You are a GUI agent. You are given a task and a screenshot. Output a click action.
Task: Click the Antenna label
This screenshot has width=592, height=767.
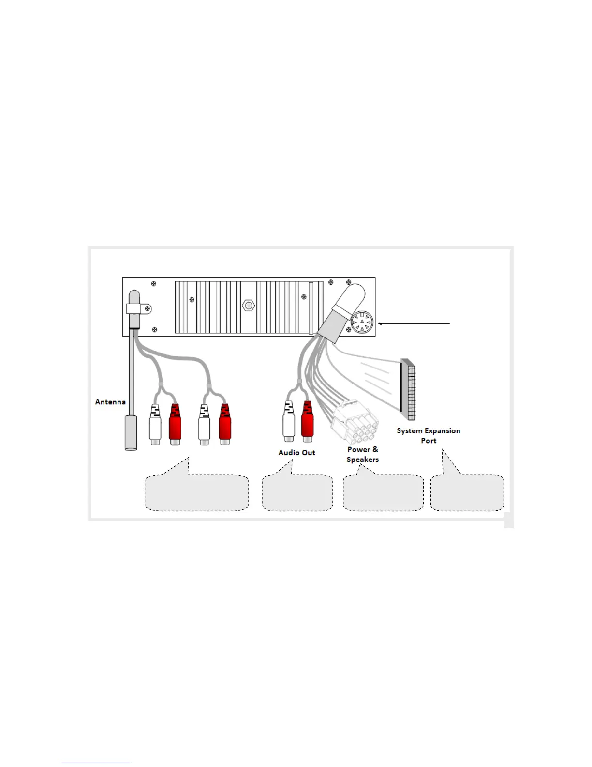coord(110,402)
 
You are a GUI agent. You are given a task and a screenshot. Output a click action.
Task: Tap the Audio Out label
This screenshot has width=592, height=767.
coord(296,452)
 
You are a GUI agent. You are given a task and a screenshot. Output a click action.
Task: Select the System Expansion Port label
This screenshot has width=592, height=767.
coord(429,435)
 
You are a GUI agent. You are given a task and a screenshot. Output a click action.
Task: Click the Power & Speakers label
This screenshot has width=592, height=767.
coord(363,454)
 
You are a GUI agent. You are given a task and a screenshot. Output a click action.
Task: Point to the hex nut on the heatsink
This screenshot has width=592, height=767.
coord(248,306)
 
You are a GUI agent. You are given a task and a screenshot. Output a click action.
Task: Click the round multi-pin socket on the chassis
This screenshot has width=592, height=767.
coord(362,322)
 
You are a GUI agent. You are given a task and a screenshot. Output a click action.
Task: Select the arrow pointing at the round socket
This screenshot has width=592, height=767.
coord(414,323)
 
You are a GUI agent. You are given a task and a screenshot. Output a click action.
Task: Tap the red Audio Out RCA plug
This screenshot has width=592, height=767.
coord(308,421)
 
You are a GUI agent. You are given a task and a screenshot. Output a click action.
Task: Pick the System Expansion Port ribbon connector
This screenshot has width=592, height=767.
coord(409,390)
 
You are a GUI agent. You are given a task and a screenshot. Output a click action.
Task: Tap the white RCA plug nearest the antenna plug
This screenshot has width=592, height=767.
coord(155,425)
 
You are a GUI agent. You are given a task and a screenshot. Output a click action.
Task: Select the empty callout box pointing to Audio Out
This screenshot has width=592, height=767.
coord(297,493)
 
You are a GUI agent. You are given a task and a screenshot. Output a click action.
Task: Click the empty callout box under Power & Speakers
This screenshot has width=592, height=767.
coord(383,493)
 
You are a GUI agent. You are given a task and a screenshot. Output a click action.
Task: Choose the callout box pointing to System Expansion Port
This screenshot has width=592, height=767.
coord(467,493)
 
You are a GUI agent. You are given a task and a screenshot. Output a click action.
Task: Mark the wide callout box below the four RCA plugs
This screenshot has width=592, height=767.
coord(197,493)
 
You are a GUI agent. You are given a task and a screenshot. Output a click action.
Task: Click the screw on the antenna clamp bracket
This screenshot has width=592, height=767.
coord(148,308)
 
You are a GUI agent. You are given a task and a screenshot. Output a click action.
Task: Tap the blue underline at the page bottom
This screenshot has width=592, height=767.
coord(96,763)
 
